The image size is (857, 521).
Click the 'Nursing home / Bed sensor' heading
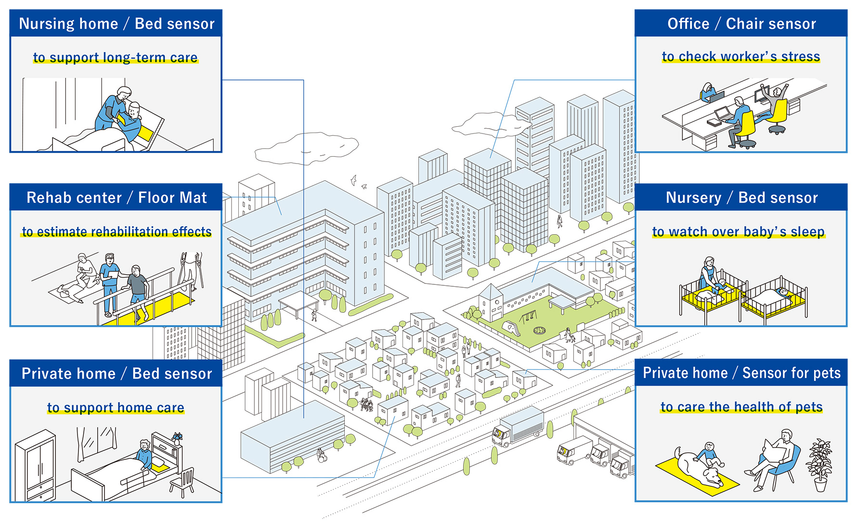point(117,24)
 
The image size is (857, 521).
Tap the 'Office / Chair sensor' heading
point(741,24)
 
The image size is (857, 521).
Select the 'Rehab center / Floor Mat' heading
point(117,198)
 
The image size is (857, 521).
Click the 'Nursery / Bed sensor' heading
point(741,198)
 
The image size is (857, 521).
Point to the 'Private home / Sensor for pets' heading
point(741,373)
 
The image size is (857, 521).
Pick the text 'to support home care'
point(116,408)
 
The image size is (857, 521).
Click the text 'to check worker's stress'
point(740,56)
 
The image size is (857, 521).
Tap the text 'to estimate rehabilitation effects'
point(117,232)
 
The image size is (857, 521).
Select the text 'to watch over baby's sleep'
point(739,232)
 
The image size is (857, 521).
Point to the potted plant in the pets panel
point(819,465)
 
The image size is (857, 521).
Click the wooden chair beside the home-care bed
point(182,482)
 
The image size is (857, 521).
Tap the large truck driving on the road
point(518,427)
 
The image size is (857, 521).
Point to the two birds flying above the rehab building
point(358,182)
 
